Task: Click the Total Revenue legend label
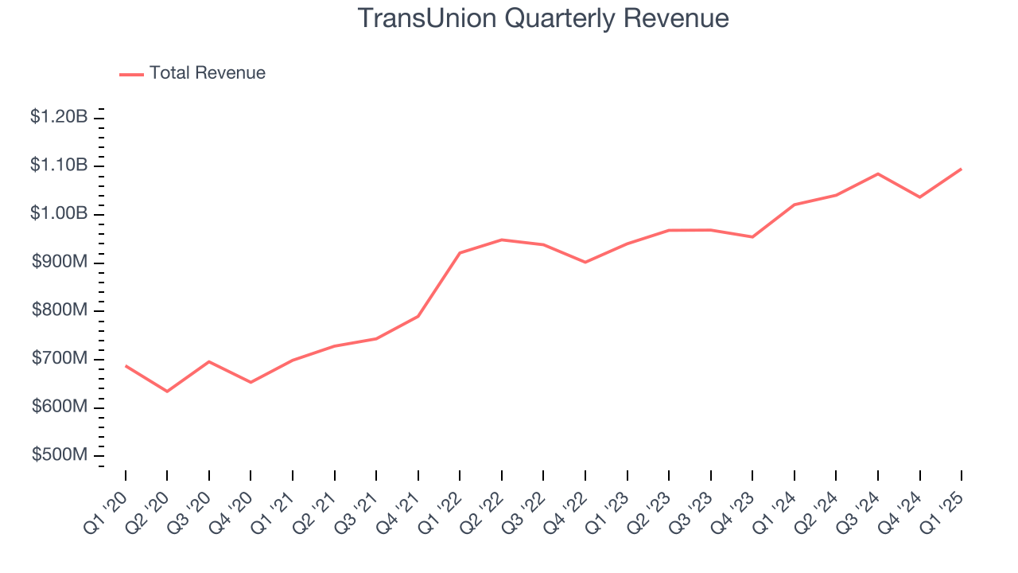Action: point(207,73)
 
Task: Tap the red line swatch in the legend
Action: point(131,74)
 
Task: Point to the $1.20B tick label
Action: point(59,117)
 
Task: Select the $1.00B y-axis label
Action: point(59,214)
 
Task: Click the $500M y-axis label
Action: point(60,455)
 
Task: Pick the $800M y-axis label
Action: point(60,310)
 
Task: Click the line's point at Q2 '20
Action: point(167,392)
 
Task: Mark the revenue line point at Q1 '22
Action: point(460,253)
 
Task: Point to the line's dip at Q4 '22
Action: point(585,262)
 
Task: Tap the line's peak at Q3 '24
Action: point(878,173)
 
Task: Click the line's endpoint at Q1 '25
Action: point(962,169)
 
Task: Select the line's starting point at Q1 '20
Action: point(126,366)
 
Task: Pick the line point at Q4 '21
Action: point(418,316)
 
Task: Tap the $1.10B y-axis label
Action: point(59,166)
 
